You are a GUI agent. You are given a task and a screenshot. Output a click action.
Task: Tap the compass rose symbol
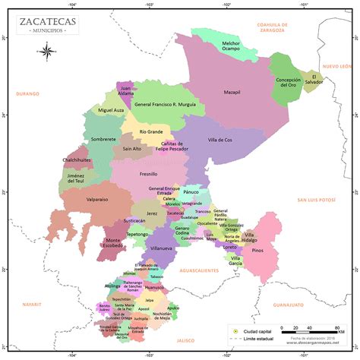45,51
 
